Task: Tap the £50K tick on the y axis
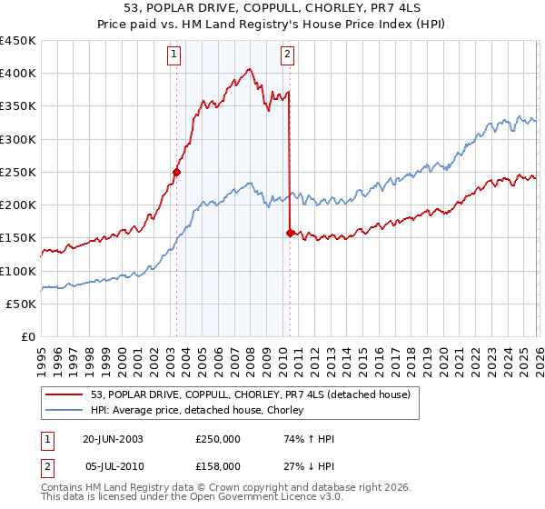[x=22, y=304]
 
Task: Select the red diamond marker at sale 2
[x=290, y=233]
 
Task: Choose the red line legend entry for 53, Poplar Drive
[x=251, y=394]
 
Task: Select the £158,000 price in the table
[x=217, y=465]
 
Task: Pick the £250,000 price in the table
[x=217, y=439]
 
